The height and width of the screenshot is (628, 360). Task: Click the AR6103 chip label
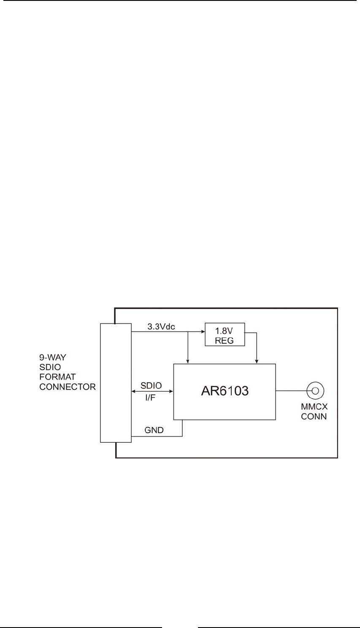(225, 391)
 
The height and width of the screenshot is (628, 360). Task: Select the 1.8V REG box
(225, 334)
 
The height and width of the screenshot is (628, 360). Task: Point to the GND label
(154, 430)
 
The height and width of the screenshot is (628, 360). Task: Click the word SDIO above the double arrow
(151, 385)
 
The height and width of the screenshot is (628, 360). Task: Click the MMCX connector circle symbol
(315, 391)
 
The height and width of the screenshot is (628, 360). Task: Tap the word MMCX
(314, 408)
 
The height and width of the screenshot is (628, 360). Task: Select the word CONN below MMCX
(314, 417)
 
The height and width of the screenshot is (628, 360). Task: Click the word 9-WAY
(53, 358)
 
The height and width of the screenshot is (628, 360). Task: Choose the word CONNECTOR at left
(68, 387)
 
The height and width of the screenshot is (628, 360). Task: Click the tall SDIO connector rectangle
(115, 383)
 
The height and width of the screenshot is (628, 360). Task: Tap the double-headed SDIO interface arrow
(153, 391)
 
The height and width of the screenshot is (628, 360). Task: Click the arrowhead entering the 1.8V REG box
(202, 332)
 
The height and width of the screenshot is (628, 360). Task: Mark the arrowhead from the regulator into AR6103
(257, 361)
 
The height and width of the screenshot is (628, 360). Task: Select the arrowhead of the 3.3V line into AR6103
(188, 361)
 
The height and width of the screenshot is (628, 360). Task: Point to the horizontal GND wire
(156, 436)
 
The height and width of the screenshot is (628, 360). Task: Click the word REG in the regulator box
(225, 341)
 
